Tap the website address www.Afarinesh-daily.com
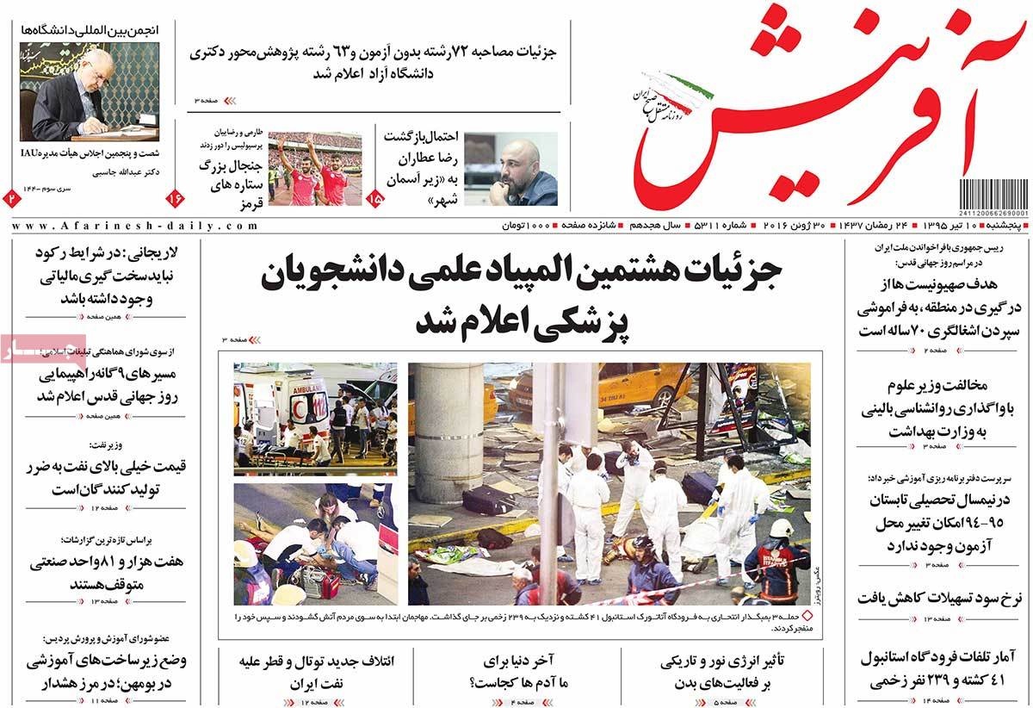tap(135, 226)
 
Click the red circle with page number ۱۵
tap(375, 198)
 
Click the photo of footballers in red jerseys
tap(314, 169)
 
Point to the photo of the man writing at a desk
tap(90, 92)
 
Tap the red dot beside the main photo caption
tap(805, 617)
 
